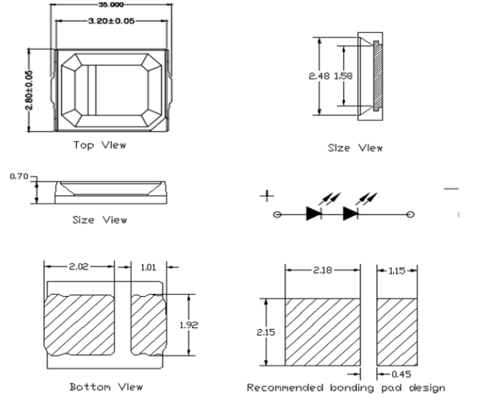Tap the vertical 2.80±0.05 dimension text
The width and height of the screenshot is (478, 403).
(30, 89)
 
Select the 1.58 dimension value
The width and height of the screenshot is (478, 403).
(343, 76)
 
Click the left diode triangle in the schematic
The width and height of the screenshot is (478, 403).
(312, 213)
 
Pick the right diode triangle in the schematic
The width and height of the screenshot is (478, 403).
(351, 213)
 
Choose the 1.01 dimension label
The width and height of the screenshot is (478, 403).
(147, 267)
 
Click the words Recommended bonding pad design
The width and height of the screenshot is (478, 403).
(346, 387)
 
